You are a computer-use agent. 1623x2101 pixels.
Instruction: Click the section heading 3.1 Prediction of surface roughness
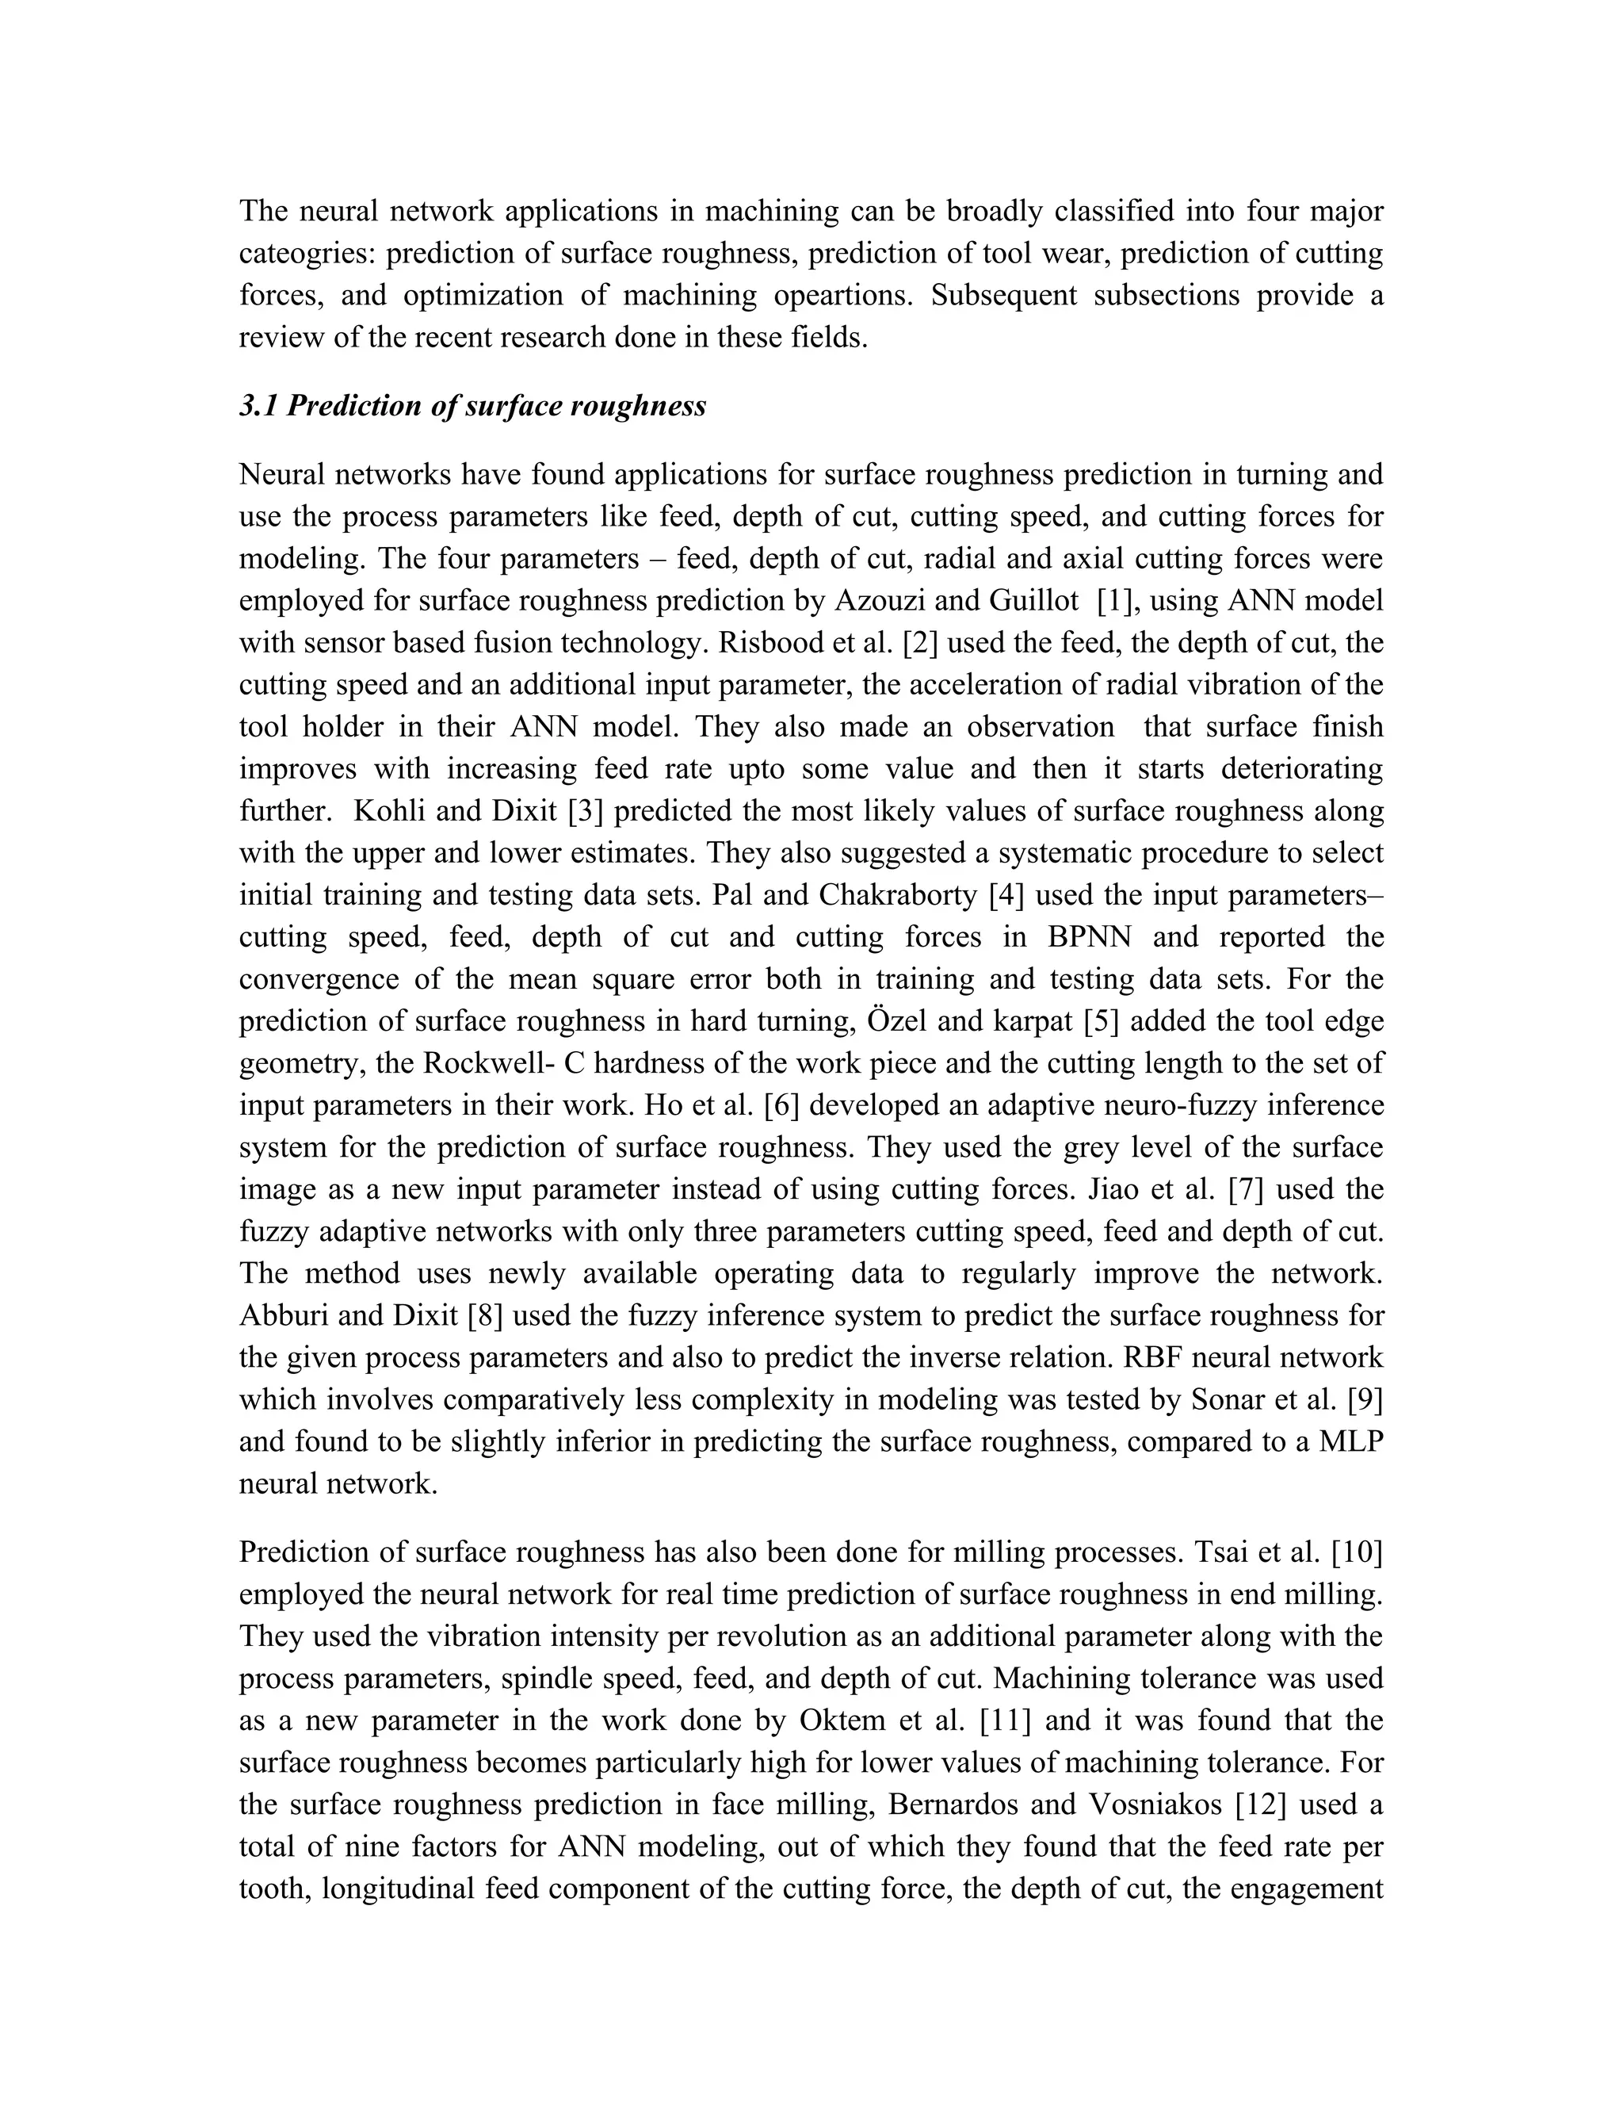(x=472, y=406)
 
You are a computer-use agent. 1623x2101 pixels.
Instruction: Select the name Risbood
(x=772, y=644)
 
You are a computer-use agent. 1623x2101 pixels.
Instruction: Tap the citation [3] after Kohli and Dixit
(x=585, y=811)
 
